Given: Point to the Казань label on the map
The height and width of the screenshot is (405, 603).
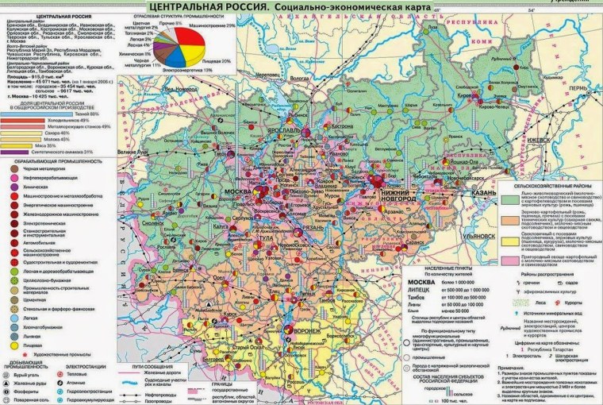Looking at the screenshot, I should tap(480, 194).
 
